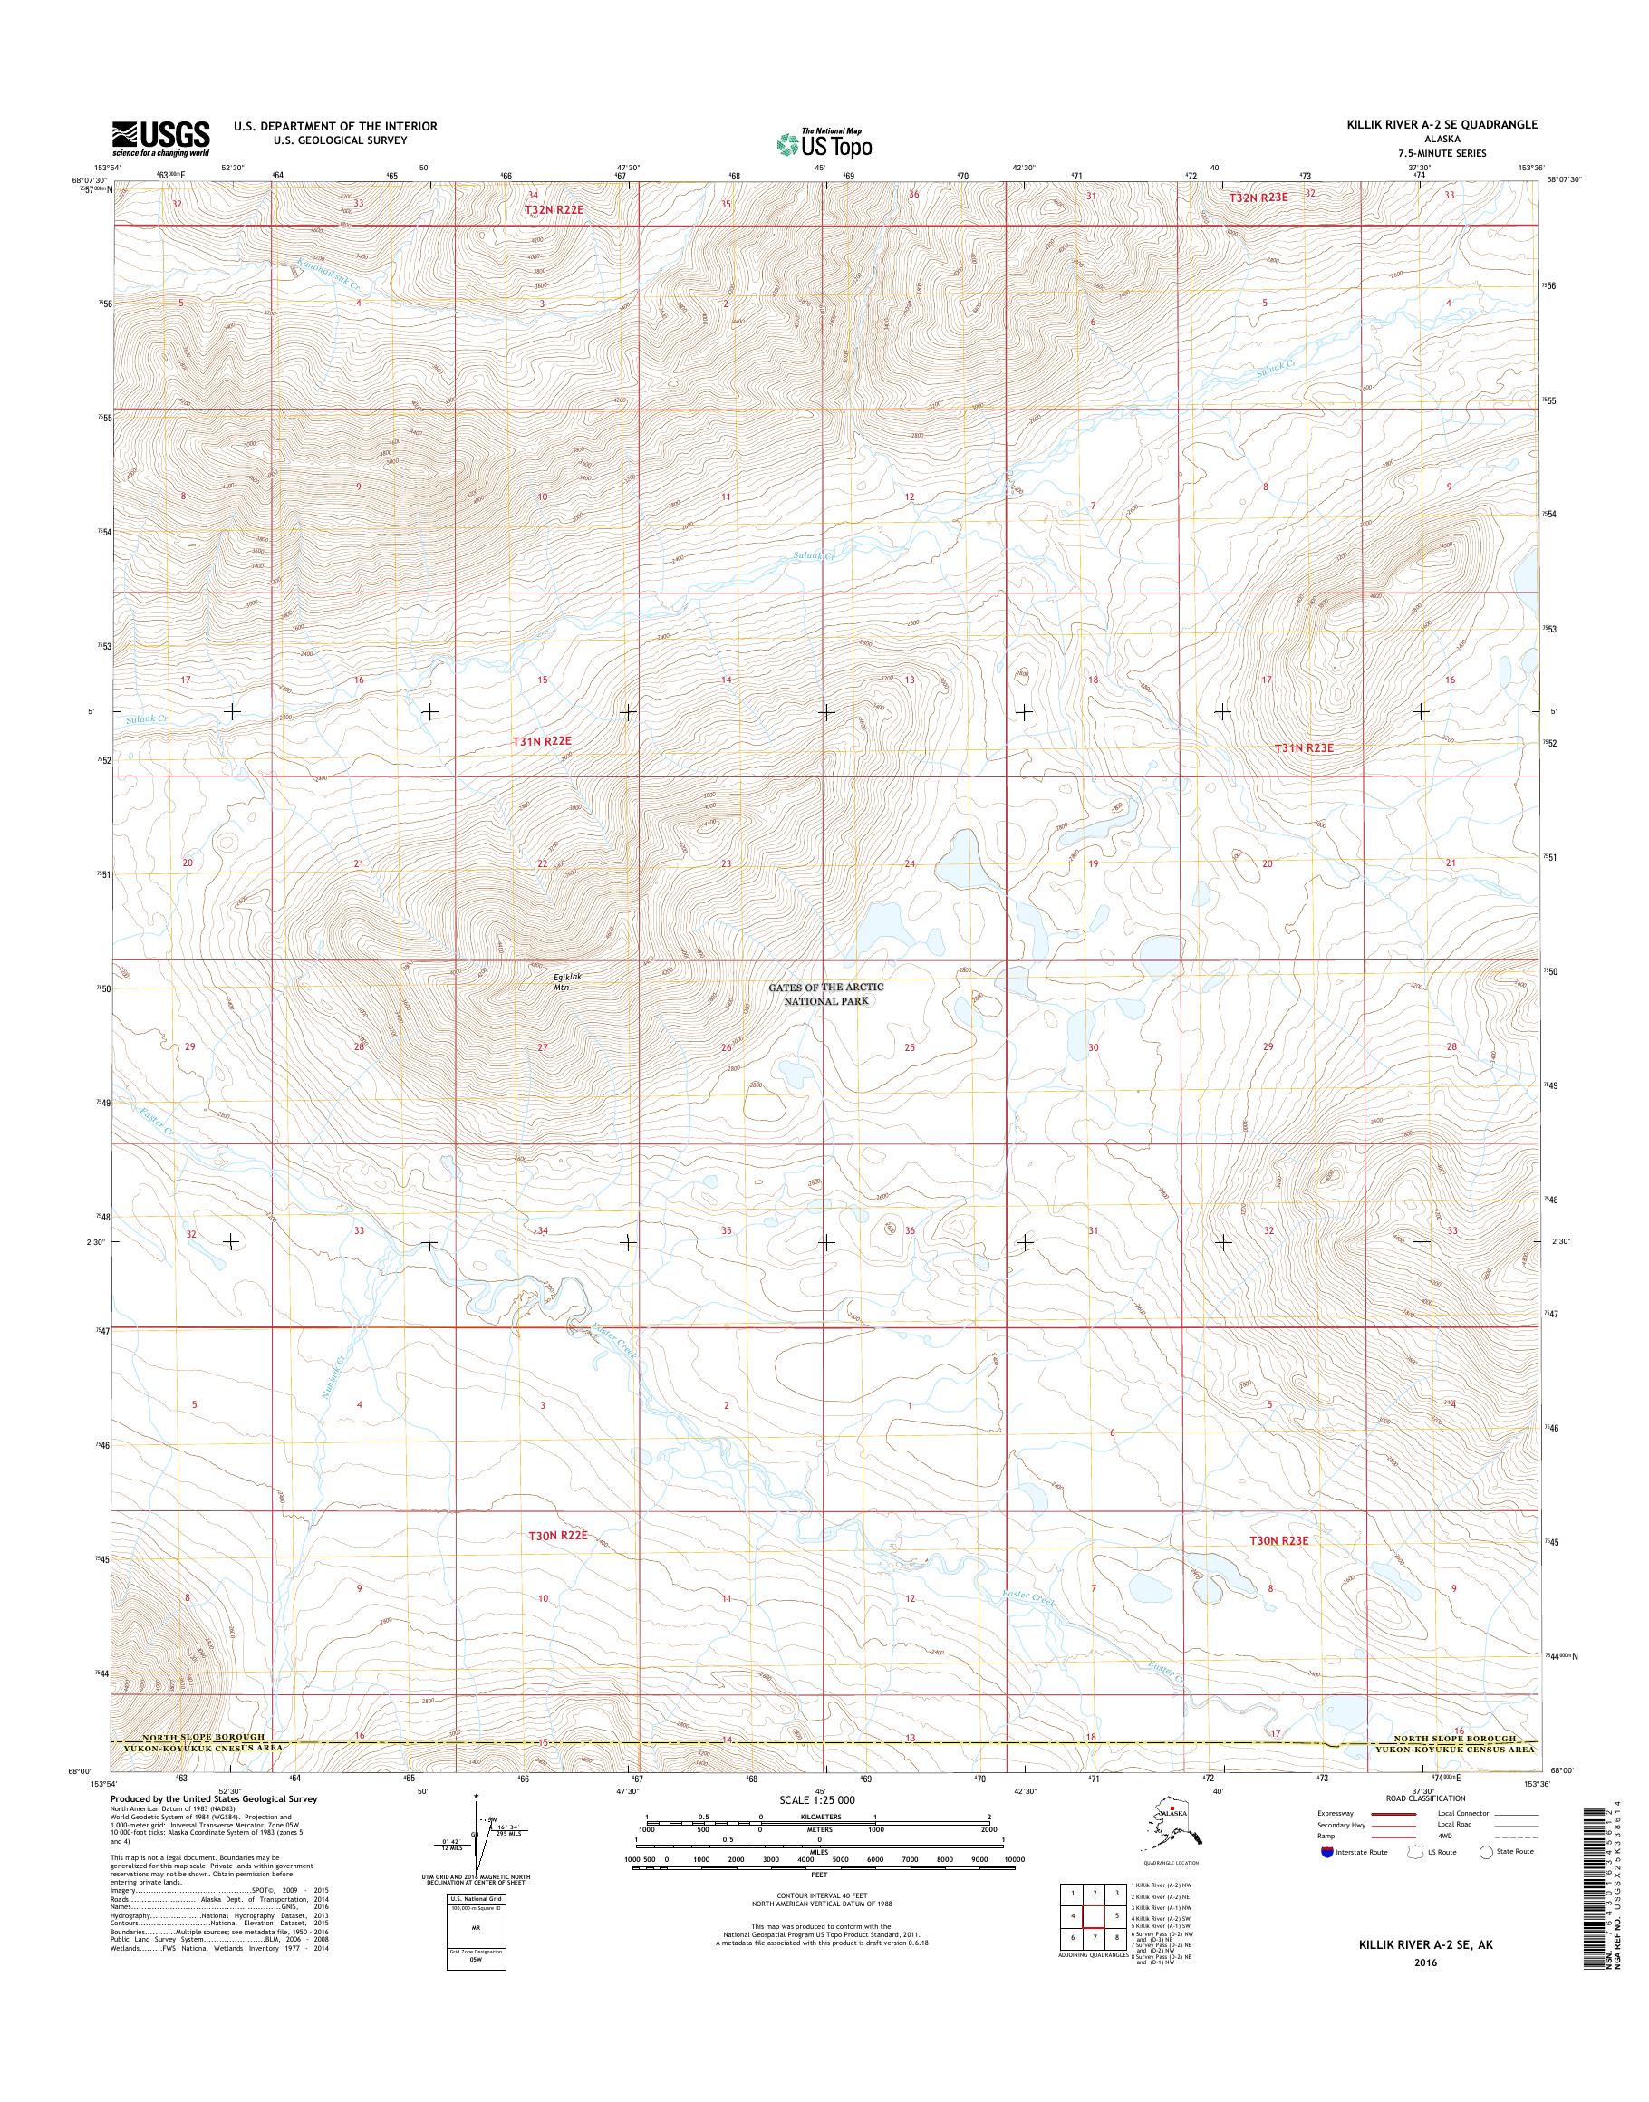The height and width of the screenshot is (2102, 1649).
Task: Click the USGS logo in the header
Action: (x=160, y=138)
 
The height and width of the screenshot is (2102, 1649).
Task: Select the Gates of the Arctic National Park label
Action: (x=825, y=994)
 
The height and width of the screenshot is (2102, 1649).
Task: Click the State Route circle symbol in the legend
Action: (x=1486, y=1852)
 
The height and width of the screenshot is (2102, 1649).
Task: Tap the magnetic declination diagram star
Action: (x=476, y=1796)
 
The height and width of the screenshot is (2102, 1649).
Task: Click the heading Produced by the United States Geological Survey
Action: (x=212, y=1799)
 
